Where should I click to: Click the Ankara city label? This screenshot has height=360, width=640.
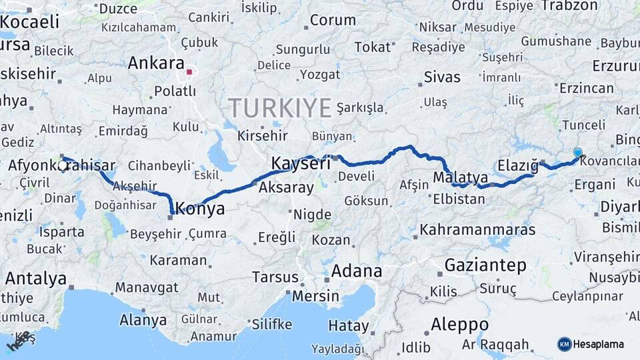(155, 63)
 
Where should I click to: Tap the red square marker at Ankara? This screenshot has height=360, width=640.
(189, 72)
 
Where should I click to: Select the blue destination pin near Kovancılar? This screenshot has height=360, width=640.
(577, 153)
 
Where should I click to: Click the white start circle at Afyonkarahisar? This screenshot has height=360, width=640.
(63, 165)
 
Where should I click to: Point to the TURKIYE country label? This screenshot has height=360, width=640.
(280, 107)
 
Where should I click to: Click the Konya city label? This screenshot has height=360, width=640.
(199, 208)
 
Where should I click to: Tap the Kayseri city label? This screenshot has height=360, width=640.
(301, 163)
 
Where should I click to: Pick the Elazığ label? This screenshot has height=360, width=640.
(517, 165)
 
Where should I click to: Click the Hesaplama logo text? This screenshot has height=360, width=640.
(599, 344)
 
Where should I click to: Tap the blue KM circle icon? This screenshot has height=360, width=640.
(564, 344)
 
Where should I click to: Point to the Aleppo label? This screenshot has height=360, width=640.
(459, 325)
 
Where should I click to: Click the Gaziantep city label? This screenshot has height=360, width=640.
(485, 265)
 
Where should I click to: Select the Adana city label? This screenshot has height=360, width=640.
(356, 271)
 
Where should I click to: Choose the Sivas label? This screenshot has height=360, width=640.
(442, 77)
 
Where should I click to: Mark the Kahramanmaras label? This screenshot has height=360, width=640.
(477, 230)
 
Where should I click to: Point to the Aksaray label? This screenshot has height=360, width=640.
(286, 187)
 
